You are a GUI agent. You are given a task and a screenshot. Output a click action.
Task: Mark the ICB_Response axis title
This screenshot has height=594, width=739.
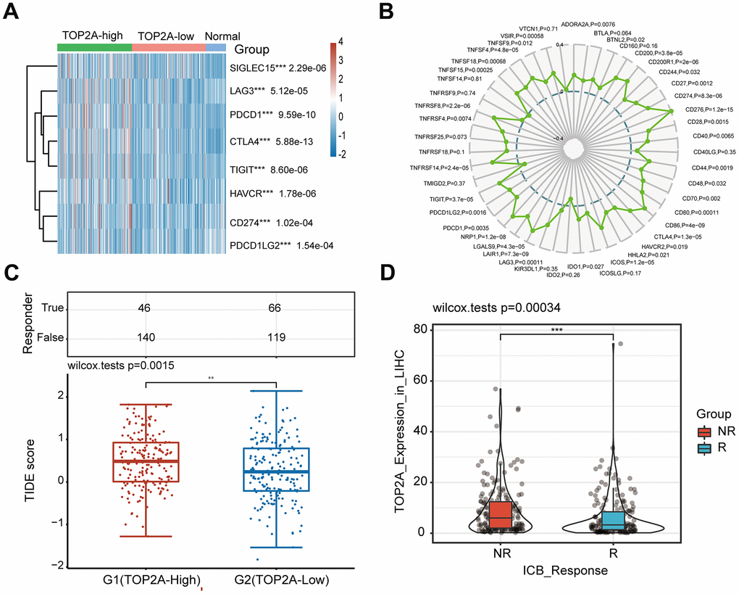coord(556,571)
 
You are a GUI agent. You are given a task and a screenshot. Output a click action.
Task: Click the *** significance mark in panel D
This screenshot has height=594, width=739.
coord(556,330)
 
